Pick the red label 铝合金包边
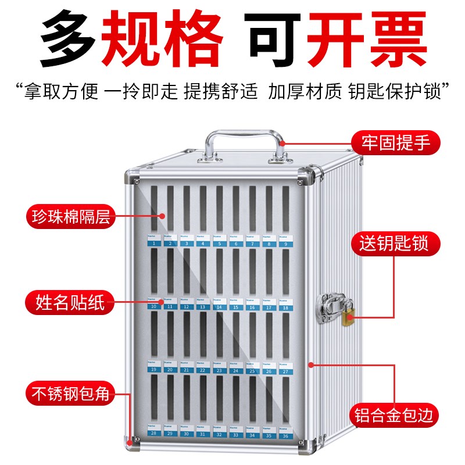click(x=395, y=416)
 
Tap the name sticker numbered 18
click(x=285, y=305)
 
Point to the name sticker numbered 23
click(x=219, y=367)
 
